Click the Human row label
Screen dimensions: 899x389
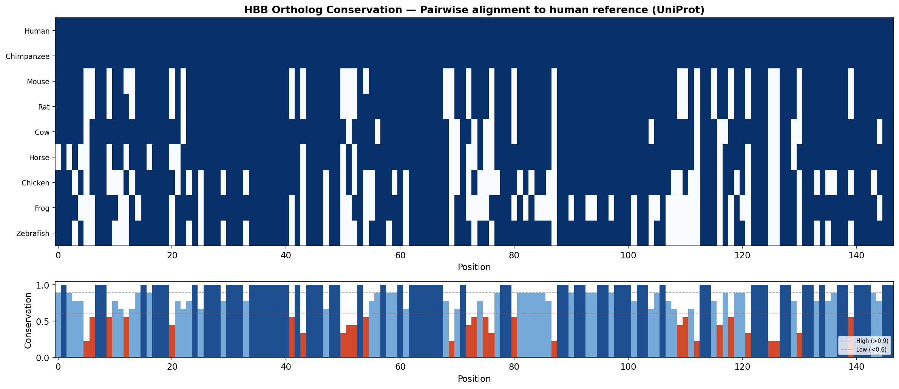click(37, 31)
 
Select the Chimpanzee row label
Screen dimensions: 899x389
click(28, 57)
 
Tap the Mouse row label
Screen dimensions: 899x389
click(38, 82)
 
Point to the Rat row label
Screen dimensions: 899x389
click(44, 107)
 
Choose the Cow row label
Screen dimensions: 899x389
click(42, 132)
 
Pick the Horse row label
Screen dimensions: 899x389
click(39, 157)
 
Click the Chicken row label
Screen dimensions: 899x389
click(36, 183)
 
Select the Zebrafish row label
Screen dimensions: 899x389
click(33, 233)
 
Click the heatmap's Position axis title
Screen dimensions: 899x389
click(474, 267)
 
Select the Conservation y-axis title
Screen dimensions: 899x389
click(28, 320)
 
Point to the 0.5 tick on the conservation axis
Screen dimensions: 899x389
click(45, 321)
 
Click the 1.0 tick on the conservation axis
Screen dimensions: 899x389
click(45, 285)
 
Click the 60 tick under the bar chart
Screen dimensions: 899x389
click(400, 367)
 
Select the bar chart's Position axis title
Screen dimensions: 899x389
click(474, 379)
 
